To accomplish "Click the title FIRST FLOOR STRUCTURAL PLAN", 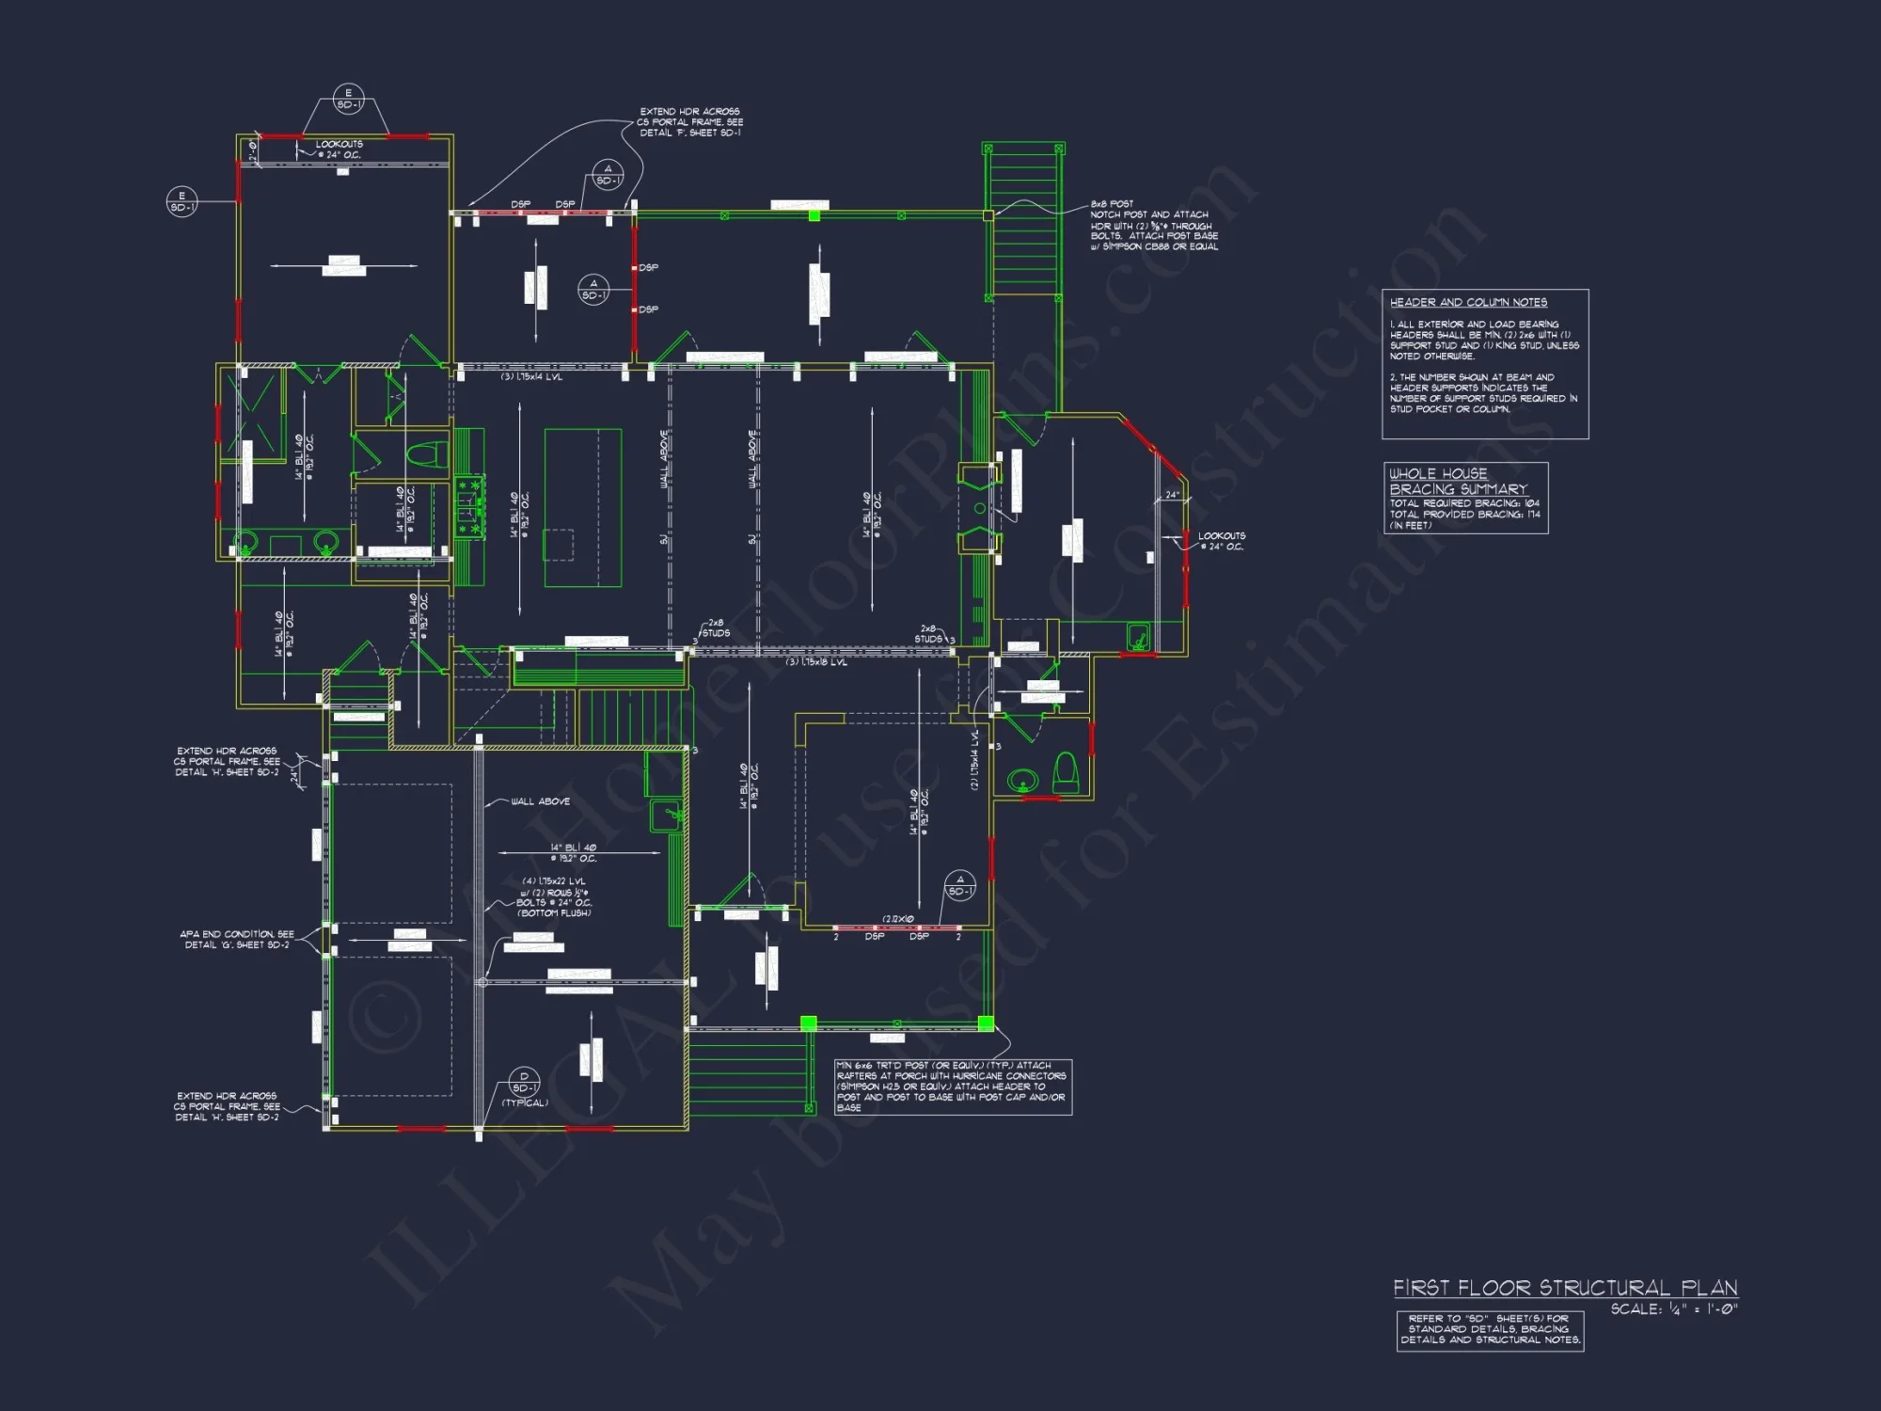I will pyautogui.click(x=1565, y=1288).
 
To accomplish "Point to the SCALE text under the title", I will pyautogui.click(x=1673, y=1309).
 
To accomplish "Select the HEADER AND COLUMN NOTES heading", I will pyautogui.click(x=1468, y=302).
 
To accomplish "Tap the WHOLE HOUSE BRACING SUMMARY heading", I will pyautogui.click(x=1458, y=482).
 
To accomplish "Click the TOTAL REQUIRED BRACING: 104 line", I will pyautogui.click(x=1464, y=503).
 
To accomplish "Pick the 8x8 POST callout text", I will pyautogui.click(x=1112, y=204).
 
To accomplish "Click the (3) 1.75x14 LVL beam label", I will pyautogui.click(x=531, y=377).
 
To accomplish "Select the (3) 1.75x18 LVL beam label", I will pyautogui.click(x=816, y=662).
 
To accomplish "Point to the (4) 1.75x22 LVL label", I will pyautogui.click(x=554, y=881).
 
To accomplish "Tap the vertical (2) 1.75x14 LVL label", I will pyautogui.click(x=975, y=759).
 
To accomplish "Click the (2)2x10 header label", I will pyautogui.click(x=897, y=919).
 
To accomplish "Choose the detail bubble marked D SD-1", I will pyautogui.click(x=524, y=1082).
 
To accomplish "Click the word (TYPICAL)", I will pyautogui.click(x=525, y=1103).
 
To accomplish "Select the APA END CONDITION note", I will pyautogui.click(x=237, y=934).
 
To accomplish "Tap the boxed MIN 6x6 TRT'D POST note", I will pyautogui.click(x=953, y=1086).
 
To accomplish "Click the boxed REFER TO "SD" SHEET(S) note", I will pyautogui.click(x=1490, y=1329).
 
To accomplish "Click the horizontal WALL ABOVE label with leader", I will pyautogui.click(x=540, y=801).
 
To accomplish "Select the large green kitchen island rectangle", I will pyautogui.click(x=583, y=508).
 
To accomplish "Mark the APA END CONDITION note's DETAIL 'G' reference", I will pyautogui.click(x=237, y=945).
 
